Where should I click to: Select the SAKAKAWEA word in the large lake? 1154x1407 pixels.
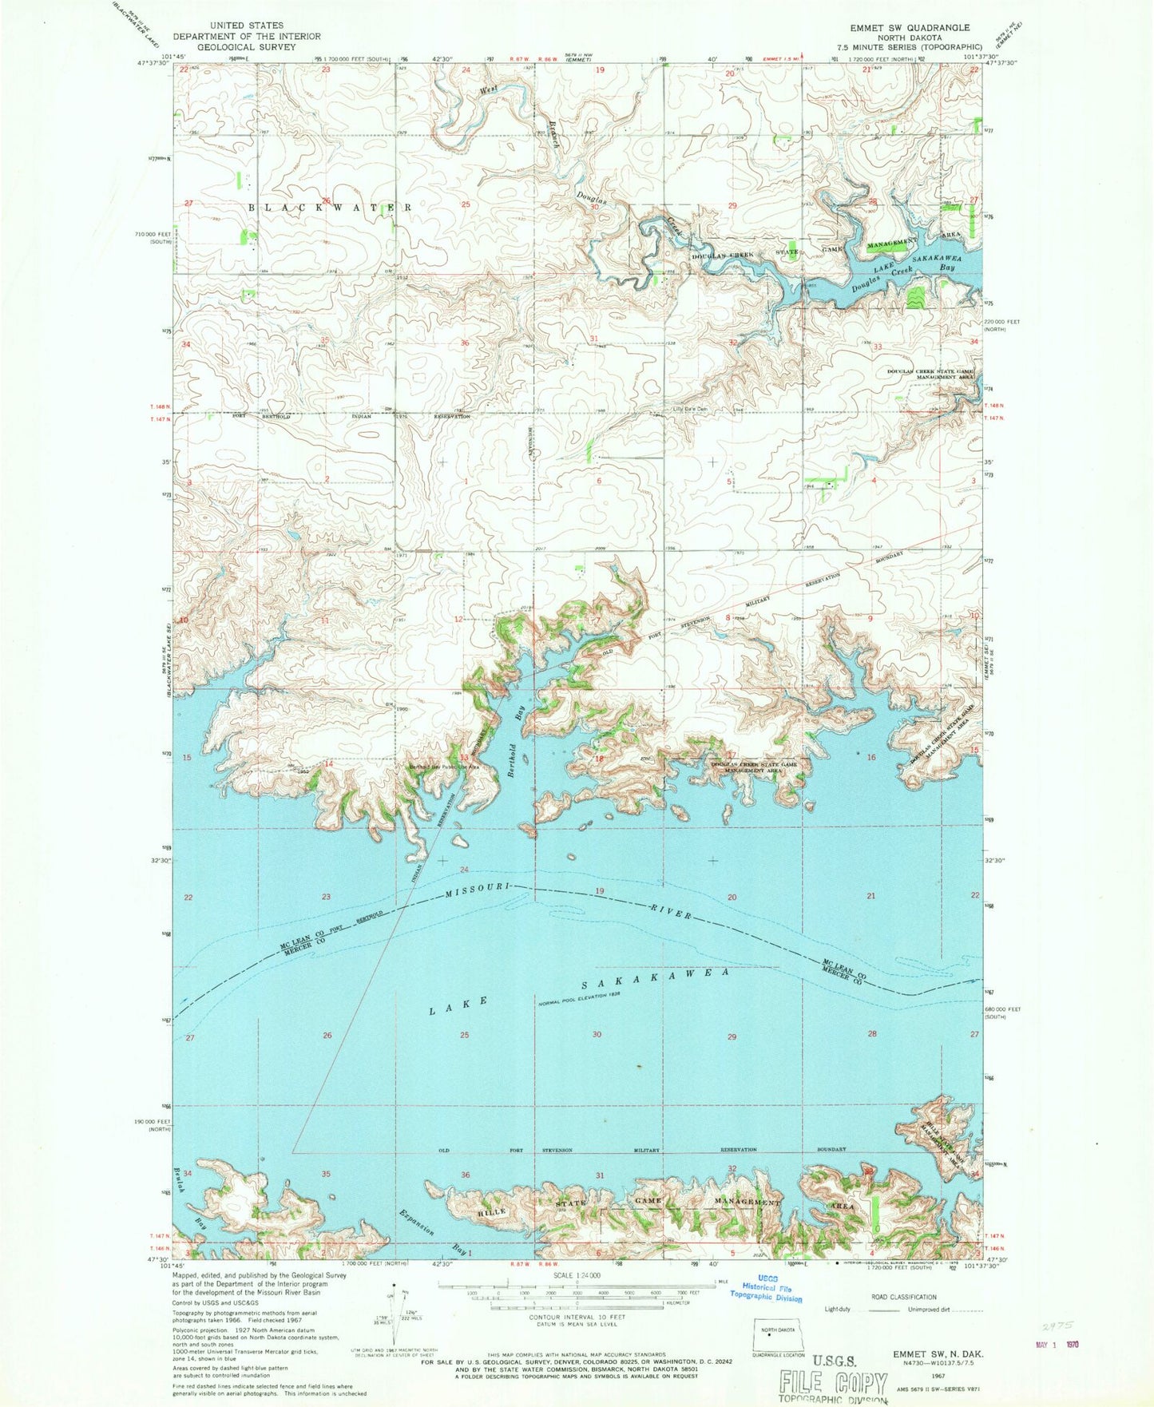click(655, 979)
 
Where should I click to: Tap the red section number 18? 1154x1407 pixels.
click(598, 758)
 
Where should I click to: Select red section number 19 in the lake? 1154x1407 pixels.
click(600, 890)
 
